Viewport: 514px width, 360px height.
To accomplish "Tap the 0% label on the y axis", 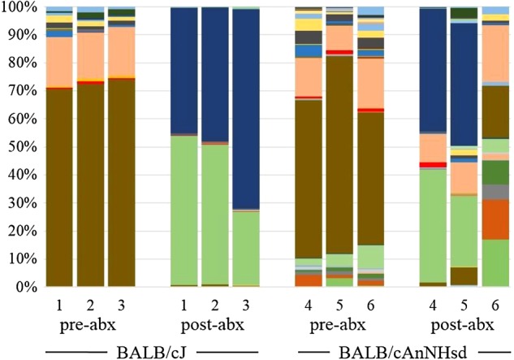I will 24,287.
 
